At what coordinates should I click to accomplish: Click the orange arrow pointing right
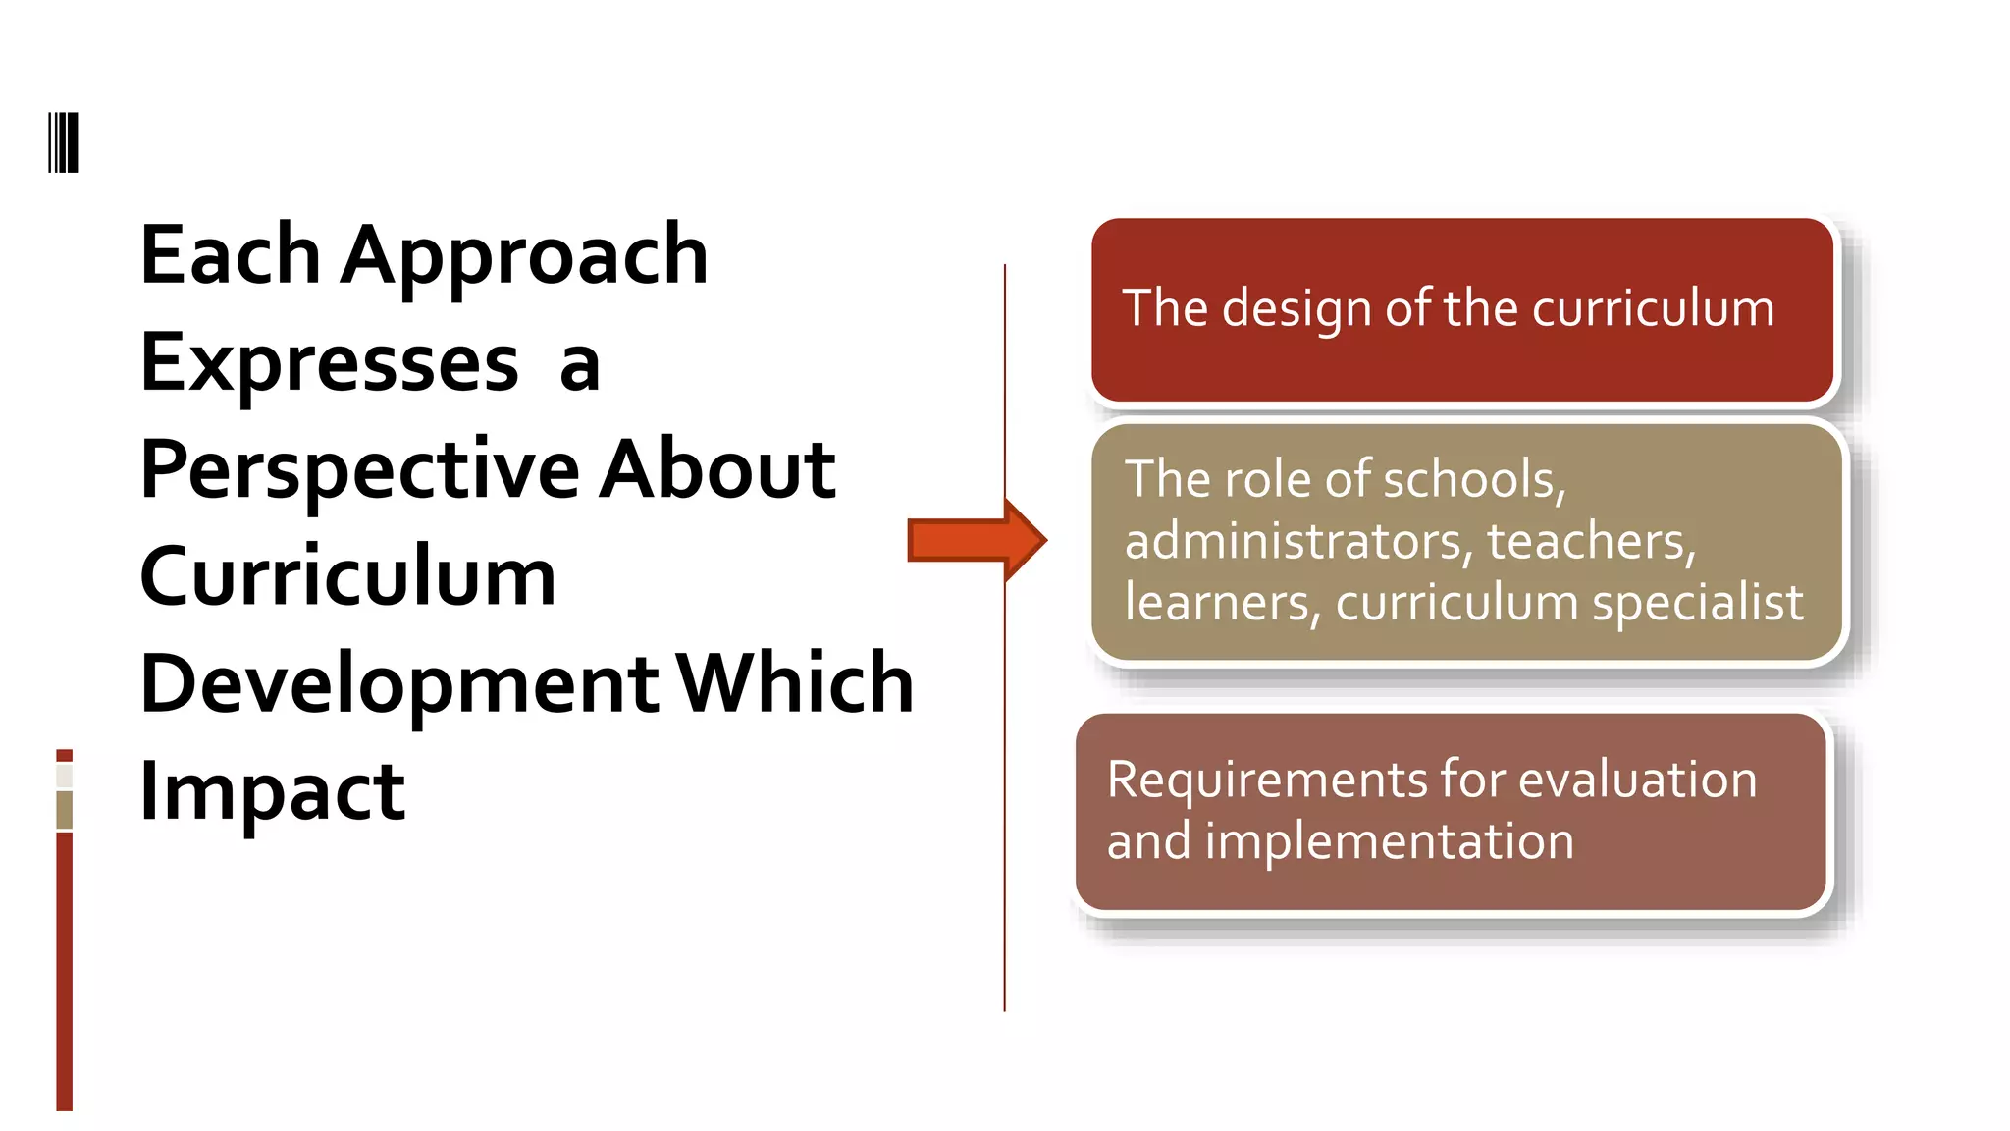click(x=976, y=540)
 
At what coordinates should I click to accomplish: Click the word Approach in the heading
click(x=524, y=257)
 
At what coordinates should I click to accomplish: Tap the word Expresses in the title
click(x=330, y=363)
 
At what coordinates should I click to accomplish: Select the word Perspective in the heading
click(x=360, y=472)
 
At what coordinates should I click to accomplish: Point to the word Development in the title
click(x=399, y=683)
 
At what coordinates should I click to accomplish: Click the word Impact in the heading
click(x=272, y=791)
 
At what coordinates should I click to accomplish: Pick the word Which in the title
click(x=795, y=683)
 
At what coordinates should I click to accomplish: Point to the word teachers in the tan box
click(x=1590, y=542)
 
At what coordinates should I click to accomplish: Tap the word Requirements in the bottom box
click(x=1267, y=781)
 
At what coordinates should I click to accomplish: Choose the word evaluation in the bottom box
click(x=1637, y=781)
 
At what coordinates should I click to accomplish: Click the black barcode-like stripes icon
click(x=63, y=142)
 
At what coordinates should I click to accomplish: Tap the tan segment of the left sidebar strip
click(x=64, y=810)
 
